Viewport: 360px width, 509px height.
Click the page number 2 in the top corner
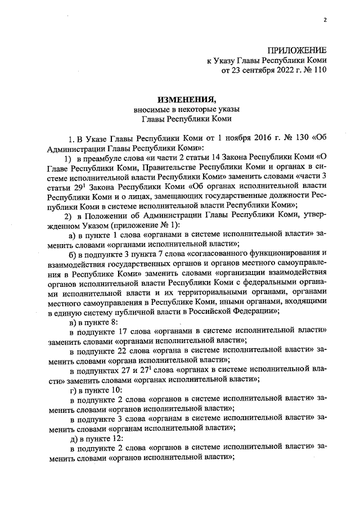pyautogui.click(x=325, y=21)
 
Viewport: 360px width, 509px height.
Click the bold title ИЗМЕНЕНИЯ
pyautogui.click(x=179, y=99)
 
